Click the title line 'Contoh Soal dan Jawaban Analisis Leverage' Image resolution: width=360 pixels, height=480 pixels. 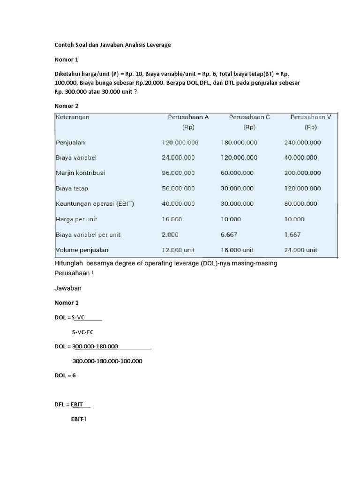pos(113,45)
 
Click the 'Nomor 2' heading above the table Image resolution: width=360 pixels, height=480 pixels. pos(67,106)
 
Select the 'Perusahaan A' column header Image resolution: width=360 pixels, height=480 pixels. pos(188,117)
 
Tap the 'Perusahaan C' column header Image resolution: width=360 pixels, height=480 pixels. pos(249,117)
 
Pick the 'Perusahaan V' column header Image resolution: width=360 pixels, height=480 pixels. pos(310,117)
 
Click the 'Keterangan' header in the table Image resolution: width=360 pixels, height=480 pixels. pos(73,117)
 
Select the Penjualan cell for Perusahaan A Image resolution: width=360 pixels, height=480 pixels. pos(180,142)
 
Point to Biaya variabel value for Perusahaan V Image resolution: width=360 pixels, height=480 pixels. pos(300,157)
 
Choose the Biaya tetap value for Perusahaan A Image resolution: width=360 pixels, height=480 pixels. pos(178,188)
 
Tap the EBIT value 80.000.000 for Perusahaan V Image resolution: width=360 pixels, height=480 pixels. pos(300,204)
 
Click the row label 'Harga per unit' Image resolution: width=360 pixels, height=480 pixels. pos(76,219)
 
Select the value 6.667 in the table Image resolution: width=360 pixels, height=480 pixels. pos(228,235)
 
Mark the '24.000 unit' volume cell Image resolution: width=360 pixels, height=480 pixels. pos(301,250)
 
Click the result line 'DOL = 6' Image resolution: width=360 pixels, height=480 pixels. pos(65,375)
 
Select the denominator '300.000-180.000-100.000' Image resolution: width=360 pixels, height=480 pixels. pos(107,361)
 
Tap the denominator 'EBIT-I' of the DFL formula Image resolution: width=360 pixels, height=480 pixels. pos(78,419)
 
